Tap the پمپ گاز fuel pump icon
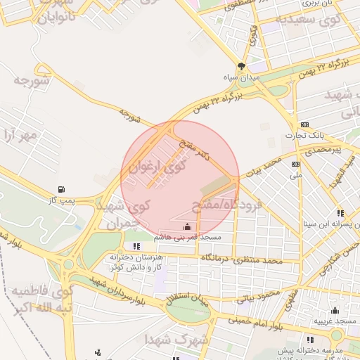[x=63, y=189]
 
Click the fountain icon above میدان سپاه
[x=242, y=66]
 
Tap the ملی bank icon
[x=295, y=164]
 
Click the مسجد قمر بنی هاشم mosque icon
[x=187, y=226]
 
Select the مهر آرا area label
[x=19, y=134]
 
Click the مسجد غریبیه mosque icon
[x=335, y=310]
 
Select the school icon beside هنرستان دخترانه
[x=136, y=245]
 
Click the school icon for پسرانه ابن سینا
[x=340, y=212]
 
